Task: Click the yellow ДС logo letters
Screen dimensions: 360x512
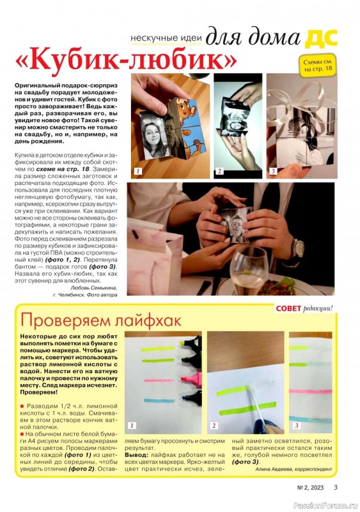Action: click(x=321, y=38)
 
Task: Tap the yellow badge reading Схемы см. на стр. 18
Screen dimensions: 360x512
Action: click(x=318, y=65)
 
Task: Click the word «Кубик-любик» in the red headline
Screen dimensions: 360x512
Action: click(x=126, y=60)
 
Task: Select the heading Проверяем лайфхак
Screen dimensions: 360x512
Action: click(x=100, y=321)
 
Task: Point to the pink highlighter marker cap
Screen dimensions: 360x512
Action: click(x=192, y=379)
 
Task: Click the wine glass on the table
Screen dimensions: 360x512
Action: click(x=249, y=270)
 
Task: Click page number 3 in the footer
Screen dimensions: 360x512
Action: click(x=336, y=487)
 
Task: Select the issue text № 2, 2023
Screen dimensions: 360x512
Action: click(x=310, y=488)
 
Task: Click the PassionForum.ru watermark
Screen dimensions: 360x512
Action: click(x=325, y=506)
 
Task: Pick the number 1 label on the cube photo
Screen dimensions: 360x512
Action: click(x=138, y=171)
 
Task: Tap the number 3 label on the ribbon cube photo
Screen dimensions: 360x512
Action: click(x=273, y=171)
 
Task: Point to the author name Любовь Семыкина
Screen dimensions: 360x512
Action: click(x=93, y=287)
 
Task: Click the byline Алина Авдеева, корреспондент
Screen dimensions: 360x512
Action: click(x=293, y=469)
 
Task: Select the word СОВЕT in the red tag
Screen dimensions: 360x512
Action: click(x=288, y=308)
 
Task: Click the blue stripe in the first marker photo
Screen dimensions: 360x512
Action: click(x=159, y=401)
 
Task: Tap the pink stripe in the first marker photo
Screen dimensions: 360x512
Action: click(x=159, y=380)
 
